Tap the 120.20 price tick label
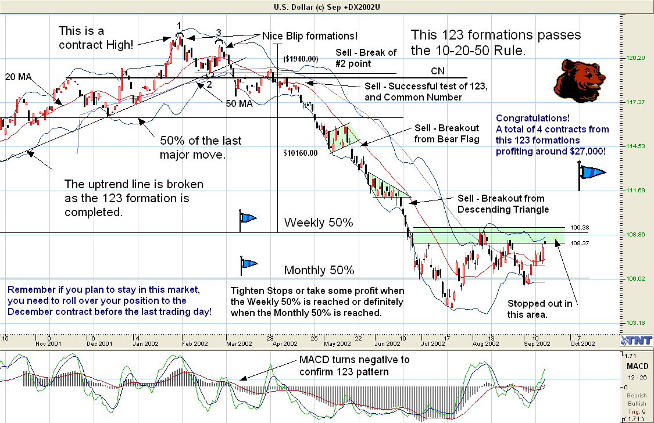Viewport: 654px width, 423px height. (635, 58)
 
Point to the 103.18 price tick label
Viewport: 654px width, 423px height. (635, 322)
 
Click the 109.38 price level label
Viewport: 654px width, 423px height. (580, 228)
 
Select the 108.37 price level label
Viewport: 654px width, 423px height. (580, 243)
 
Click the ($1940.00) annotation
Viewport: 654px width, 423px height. (301, 59)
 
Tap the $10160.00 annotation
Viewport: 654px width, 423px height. (301, 153)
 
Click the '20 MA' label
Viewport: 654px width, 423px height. (19, 77)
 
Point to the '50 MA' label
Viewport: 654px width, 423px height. (239, 104)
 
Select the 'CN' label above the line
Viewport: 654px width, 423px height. (438, 70)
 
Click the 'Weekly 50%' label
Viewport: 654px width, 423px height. (319, 223)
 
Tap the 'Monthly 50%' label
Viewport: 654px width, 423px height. (319, 270)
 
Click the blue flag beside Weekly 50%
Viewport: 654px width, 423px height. (248, 218)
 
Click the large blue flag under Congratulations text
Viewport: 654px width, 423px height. (591, 173)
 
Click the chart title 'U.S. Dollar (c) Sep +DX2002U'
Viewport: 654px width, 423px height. (327, 6)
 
